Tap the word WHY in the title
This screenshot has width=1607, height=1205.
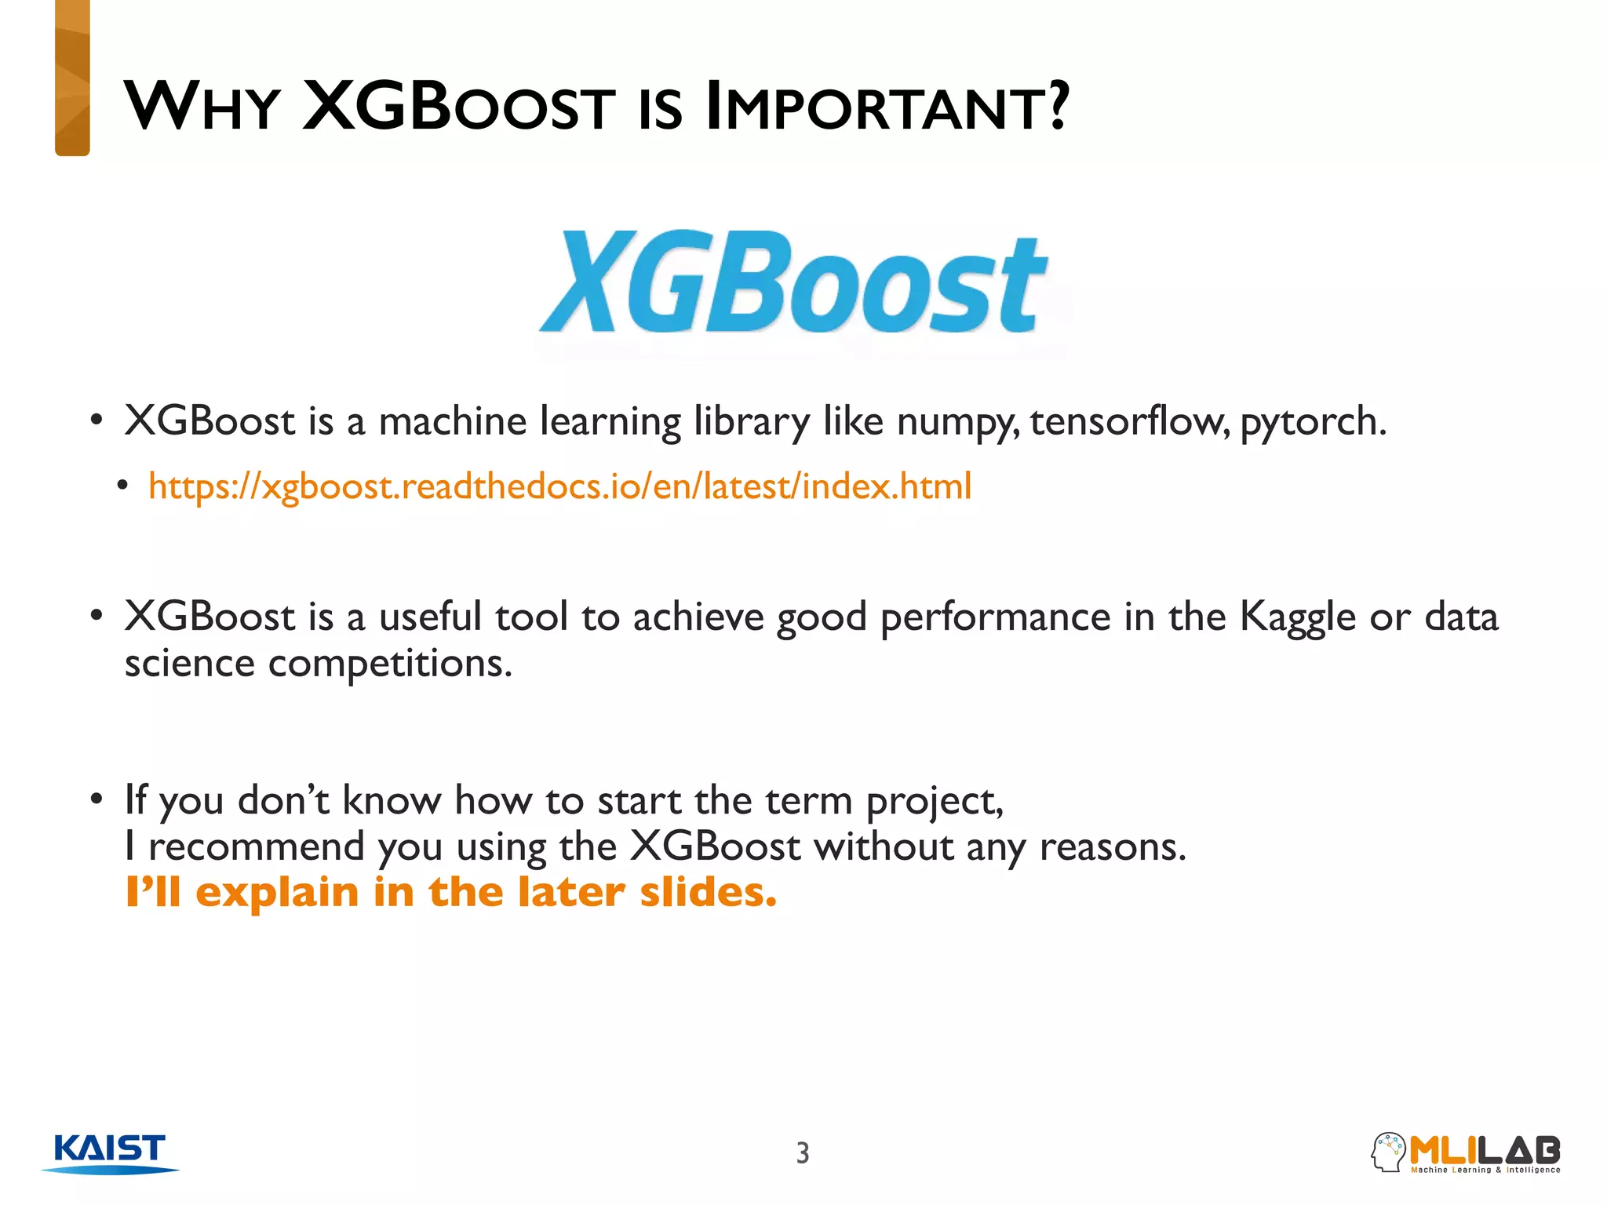(202, 107)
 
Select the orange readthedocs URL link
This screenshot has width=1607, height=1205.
(559, 486)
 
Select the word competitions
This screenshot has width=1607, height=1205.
(389, 664)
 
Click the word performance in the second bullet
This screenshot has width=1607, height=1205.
(995, 617)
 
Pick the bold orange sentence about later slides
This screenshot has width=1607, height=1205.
(451, 893)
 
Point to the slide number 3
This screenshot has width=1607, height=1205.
(802, 1152)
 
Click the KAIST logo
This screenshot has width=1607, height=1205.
(110, 1152)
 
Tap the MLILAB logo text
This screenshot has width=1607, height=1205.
(1485, 1150)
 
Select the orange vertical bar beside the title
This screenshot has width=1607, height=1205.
(72, 78)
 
